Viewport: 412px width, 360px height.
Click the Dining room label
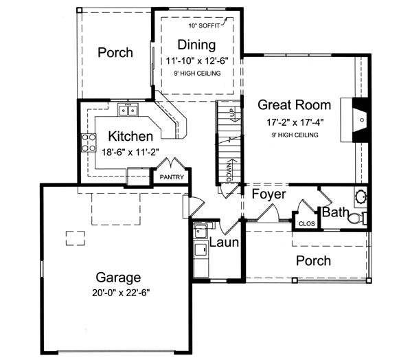click(x=196, y=45)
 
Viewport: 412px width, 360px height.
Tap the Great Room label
click(x=295, y=105)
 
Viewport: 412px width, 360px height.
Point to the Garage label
click(x=118, y=278)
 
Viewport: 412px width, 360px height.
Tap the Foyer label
click(x=268, y=194)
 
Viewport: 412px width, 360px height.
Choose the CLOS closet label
click(x=306, y=223)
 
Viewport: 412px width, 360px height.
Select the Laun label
click(x=224, y=243)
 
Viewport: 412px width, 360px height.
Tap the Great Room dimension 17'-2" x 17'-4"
click(x=295, y=122)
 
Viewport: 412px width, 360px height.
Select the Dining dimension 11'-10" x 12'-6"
click(x=196, y=60)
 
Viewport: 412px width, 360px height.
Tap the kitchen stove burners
click(x=89, y=142)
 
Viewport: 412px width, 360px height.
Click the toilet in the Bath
click(x=355, y=219)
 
